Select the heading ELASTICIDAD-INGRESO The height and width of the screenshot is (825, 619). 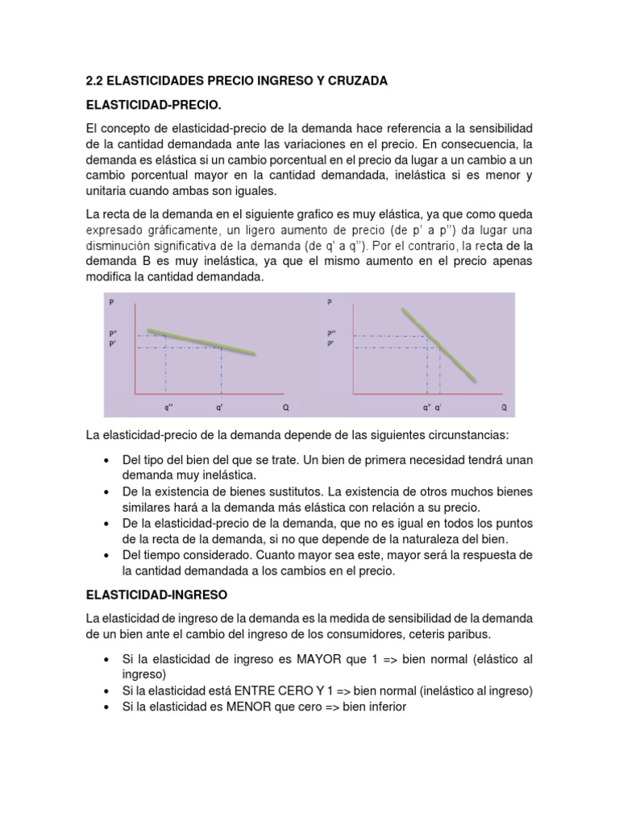pyautogui.click(x=157, y=595)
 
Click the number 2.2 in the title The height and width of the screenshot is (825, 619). pyautogui.click(x=95, y=81)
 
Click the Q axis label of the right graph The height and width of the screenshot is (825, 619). pyautogui.click(x=504, y=408)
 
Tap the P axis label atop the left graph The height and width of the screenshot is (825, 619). pyautogui.click(x=110, y=303)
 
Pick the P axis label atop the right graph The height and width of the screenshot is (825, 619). pyautogui.click(x=330, y=303)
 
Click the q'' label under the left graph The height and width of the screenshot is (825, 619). pyautogui.click(x=166, y=408)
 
